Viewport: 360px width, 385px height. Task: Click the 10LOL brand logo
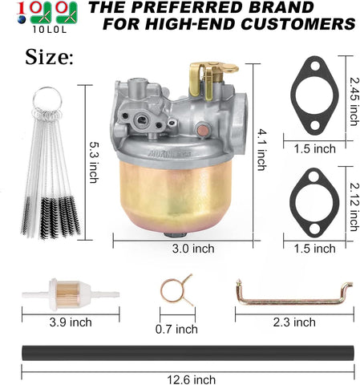click(47, 17)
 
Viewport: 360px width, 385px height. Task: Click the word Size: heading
click(49, 57)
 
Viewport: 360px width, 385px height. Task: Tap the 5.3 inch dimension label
click(94, 162)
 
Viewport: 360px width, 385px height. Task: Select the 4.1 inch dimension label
click(261, 150)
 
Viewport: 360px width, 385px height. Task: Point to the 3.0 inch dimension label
click(193, 249)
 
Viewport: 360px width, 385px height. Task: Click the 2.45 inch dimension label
click(354, 101)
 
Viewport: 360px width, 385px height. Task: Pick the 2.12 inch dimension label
click(354, 207)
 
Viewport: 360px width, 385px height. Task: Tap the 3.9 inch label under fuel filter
click(71, 322)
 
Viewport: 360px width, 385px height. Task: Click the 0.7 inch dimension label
click(176, 329)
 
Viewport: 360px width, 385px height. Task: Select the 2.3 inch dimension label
click(294, 322)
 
